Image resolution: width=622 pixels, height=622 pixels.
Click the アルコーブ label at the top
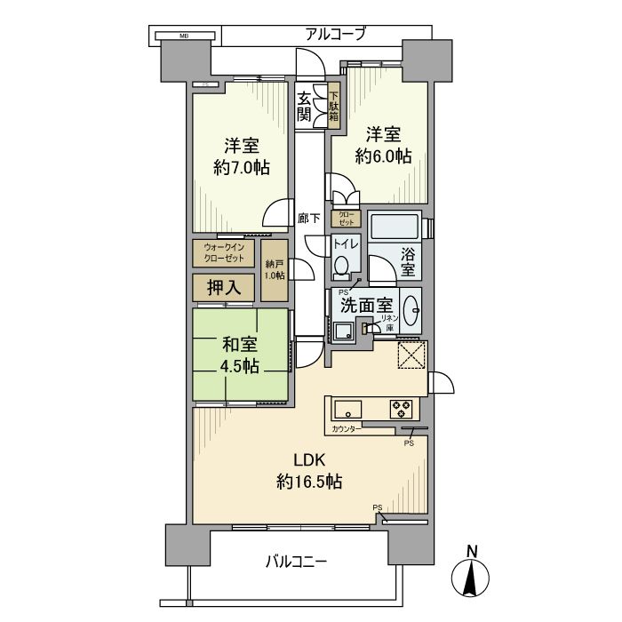click(336, 35)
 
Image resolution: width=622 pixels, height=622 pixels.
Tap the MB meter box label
click(184, 36)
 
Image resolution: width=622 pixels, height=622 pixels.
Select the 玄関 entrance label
click(305, 107)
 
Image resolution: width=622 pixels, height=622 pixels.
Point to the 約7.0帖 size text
click(241, 166)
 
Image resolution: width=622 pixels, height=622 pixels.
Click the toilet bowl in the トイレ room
click(340, 267)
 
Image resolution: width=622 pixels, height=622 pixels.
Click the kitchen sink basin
click(347, 410)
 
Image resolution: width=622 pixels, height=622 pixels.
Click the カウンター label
click(346, 429)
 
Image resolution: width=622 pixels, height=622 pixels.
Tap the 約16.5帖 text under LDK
click(309, 482)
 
